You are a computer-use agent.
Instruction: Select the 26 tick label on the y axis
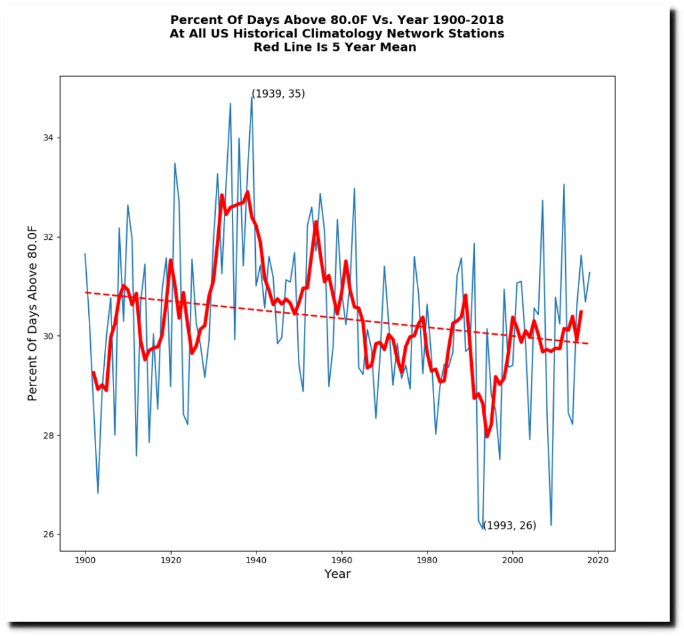tap(48, 534)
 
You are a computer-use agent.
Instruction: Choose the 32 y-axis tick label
tap(48, 237)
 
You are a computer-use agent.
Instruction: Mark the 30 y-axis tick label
tap(48, 336)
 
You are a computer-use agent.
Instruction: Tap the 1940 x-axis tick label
tap(256, 561)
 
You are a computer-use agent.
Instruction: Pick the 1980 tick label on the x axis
tap(427, 561)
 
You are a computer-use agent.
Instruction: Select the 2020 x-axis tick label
tap(598, 561)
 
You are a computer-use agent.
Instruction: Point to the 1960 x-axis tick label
tap(341, 561)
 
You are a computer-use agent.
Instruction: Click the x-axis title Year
tap(337, 575)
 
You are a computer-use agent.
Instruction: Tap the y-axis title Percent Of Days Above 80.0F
tap(32, 313)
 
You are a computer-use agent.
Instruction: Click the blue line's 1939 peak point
tap(252, 97)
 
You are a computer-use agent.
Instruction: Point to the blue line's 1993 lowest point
tap(482, 529)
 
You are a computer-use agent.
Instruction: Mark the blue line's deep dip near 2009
tap(551, 525)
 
